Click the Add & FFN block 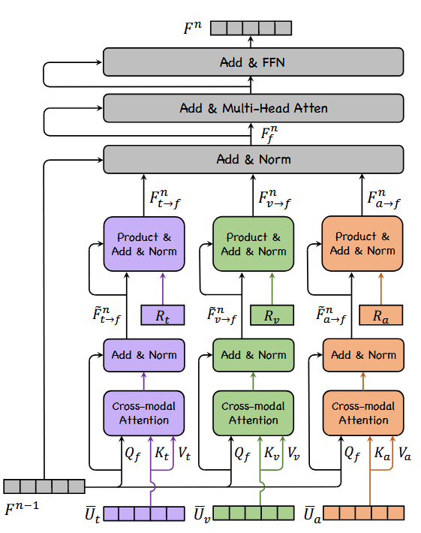(x=253, y=62)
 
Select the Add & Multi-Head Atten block (x=253, y=109)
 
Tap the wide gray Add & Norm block (x=253, y=159)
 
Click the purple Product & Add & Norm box (x=144, y=244)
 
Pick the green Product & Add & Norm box (x=254, y=244)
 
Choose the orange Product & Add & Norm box (x=363, y=244)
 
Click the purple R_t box (x=162, y=315)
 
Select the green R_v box (x=272, y=315)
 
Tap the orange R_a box (x=380, y=315)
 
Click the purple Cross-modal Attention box (x=144, y=413)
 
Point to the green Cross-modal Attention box (x=254, y=413)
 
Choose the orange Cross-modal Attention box (x=363, y=413)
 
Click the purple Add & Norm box (x=144, y=355)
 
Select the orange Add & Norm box (x=363, y=355)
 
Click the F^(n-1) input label (x=22, y=510)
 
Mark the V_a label (x=404, y=453)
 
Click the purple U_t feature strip (x=144, y=513)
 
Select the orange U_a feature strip (x=363, y=513)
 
